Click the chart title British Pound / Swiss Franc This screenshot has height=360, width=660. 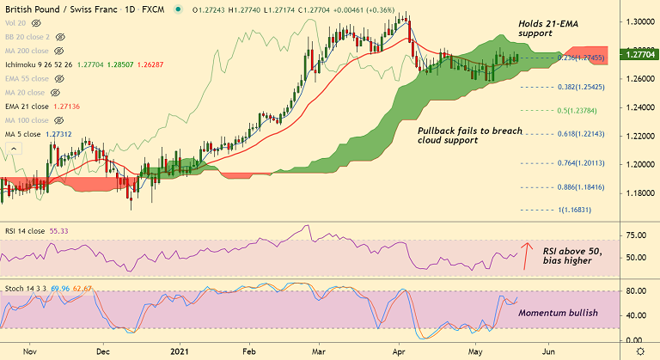[56, 10]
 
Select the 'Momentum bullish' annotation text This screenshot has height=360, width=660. [558, 314]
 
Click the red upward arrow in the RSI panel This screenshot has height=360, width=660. [527, 255]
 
